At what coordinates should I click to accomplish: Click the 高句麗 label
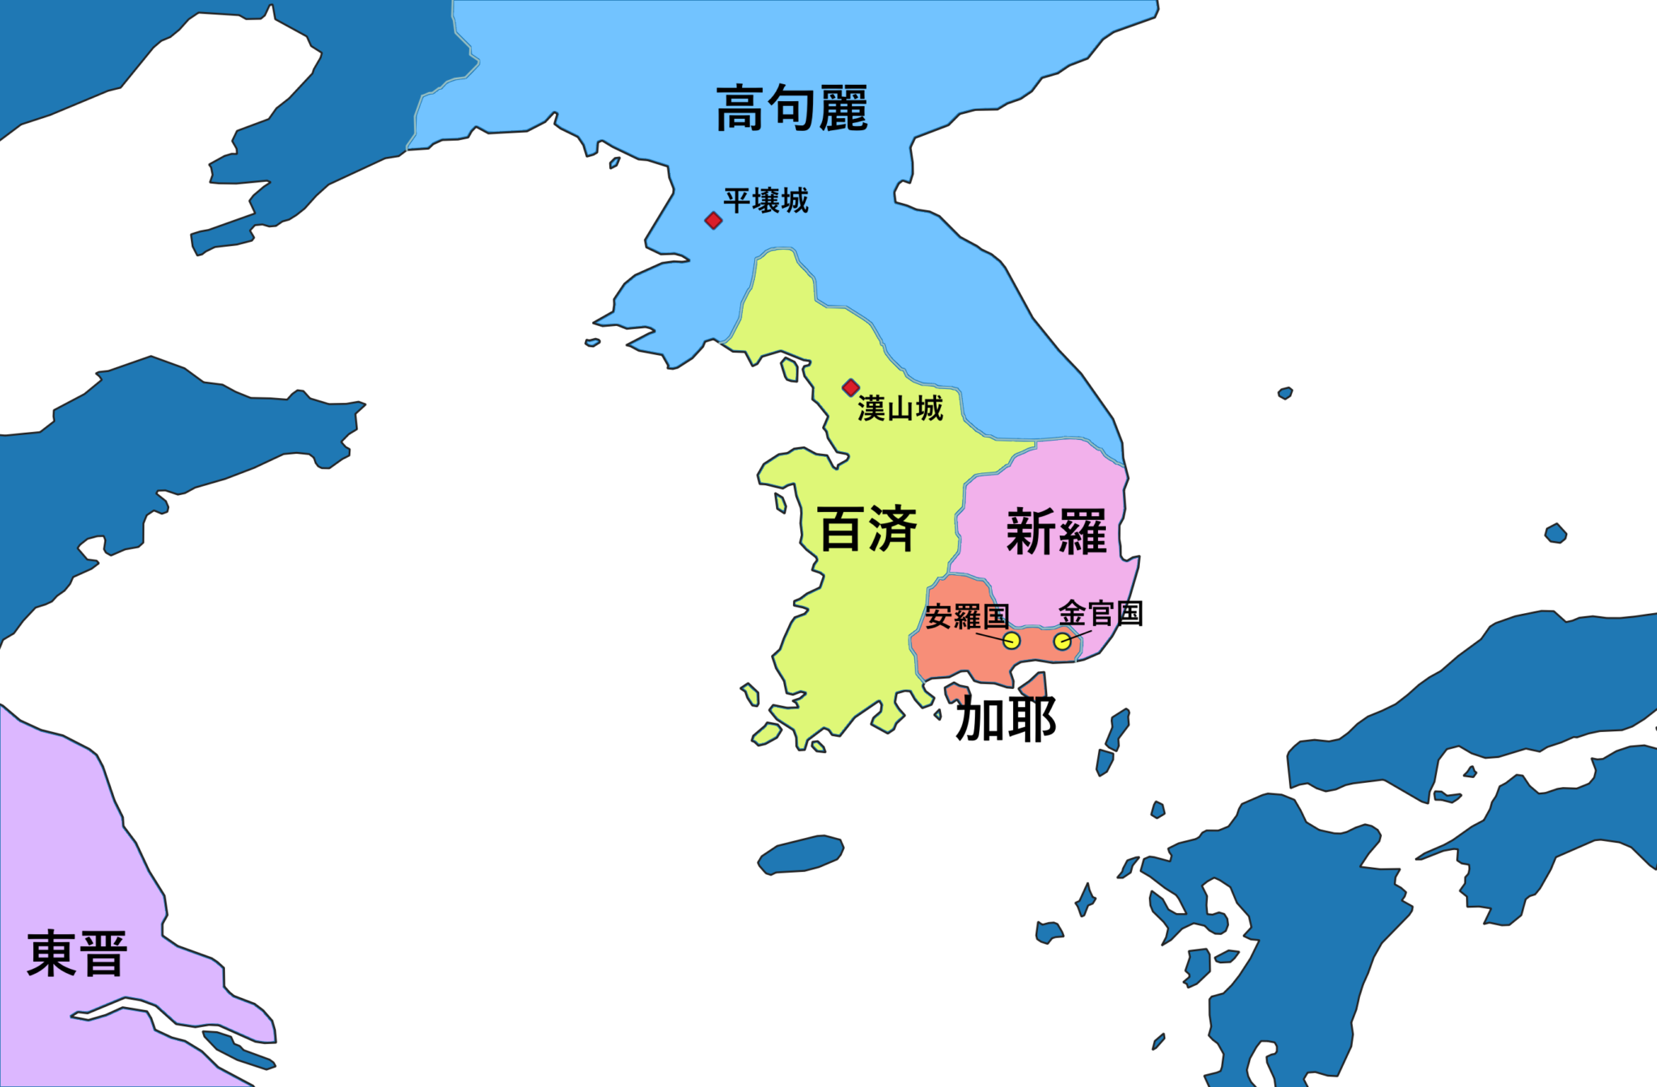pyautogui.click(x=791, y=108)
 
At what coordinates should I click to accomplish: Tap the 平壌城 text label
pyautogui.click(x=765, y=201)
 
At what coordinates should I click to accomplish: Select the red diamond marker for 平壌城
pyautogui.click(x=713, y=221)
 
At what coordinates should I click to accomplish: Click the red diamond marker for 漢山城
pyautogui.click(x=850, y=388)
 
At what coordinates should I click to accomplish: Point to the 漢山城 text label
pyautogui.click(x=900, y=409)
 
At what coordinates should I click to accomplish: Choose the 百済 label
pyautogui.click(x=867, y=530)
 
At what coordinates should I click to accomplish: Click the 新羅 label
pyautogui.click(x=1056, y=532)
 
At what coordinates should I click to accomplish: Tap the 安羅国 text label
pyautogui.click(x=967, y=617)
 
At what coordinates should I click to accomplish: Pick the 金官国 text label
pyautogui.click(x=1100, y=614)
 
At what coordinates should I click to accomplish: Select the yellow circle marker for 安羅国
pyautogui.click(x=1011, y=641)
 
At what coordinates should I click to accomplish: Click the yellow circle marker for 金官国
pyautogui.click(x=1062, y=641)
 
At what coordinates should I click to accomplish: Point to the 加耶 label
pyautogui.click(x=1006, y=719)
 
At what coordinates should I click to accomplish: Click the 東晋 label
pyautogui.click(x=77, y=954)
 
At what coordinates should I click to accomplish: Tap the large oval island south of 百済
pyautogui.click(x=800, y=855)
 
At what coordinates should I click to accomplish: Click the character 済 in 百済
pyautogui.click(x=892, y=530)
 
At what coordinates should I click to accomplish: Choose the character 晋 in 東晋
pyautogui.click(x=103, y=954)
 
